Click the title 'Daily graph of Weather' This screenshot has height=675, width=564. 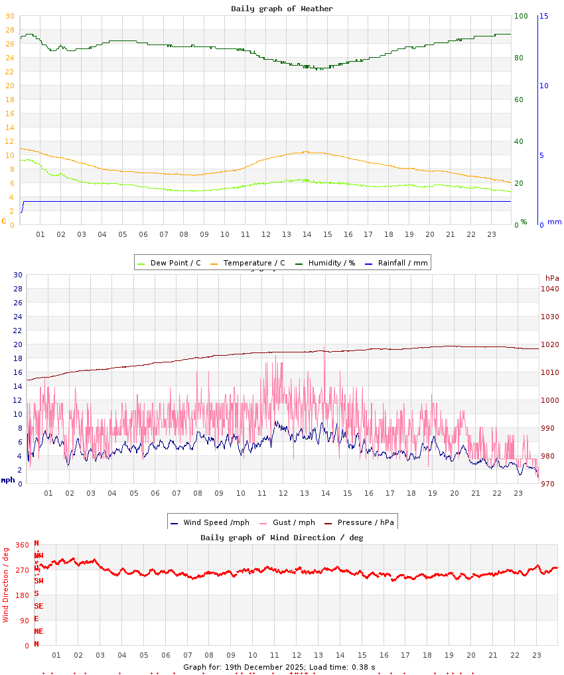[x=282, y=9]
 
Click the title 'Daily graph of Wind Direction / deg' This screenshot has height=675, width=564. [x=282, y=538]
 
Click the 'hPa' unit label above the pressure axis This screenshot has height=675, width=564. [x=552, y=277]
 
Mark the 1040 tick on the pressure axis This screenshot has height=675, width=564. [x=549, y=289]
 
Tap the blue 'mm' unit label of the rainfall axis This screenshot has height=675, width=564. [x=554, y=222]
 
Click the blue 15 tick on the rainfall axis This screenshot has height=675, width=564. [x=543, y=16]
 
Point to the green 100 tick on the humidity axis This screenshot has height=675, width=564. [x=521, y=16]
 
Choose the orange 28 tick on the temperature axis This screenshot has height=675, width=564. [x=9, y=30]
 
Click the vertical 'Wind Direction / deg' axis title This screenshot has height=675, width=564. [x=6, y=585]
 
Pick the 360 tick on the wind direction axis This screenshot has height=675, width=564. [x=22, y=545]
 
